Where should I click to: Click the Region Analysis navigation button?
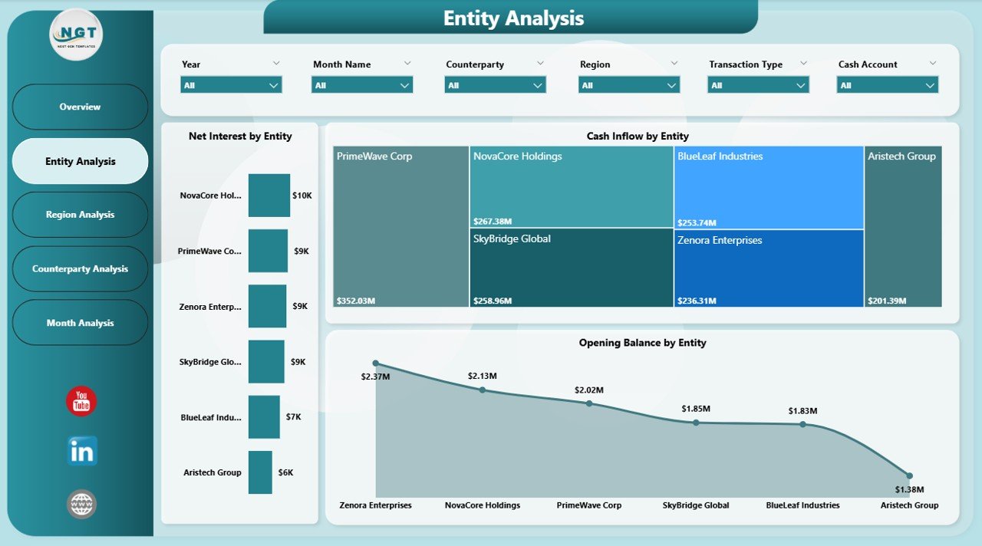pyautogui.click(x=80, y=215)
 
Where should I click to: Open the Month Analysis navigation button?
pyautogui.click(x=80, y=323)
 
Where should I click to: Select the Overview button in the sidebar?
pyautogui.click(x=80, y=107)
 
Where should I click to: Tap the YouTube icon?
pyautogui.click(x=81, y=402)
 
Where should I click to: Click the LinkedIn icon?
pyautogui.click(x=81, y=452)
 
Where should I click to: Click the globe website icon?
pyautogui.click(x=81, y=504)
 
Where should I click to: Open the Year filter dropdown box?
pyautogui.click(x=231, y=85)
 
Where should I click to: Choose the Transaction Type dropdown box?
pyautogui.click(x=758, y=85)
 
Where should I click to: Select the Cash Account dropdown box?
pyautogui.click(x=887, y=85)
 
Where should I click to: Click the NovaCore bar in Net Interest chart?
pyautogui.click(x=269, y=196)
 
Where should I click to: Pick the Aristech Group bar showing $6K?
pyautogui.click(x=260, y=472)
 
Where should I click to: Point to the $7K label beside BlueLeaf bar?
pyautogui.click(x=293, y=417)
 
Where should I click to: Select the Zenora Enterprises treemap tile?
pyautogui.click(x=769, y=268)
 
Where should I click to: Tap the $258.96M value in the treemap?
pyautogui.click(x=493, y=301)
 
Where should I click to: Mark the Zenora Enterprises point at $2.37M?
pyautogui.click(x=375, y=363)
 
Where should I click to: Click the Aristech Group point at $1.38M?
pyautogui.click(x=909, y=475)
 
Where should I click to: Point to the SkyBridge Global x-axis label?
pyautogui.click(x=696, y=505)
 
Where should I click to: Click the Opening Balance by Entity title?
pyautogui.click(x=642, y=343)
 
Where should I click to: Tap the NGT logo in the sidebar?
pyautogui.click(x=76, y=35)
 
